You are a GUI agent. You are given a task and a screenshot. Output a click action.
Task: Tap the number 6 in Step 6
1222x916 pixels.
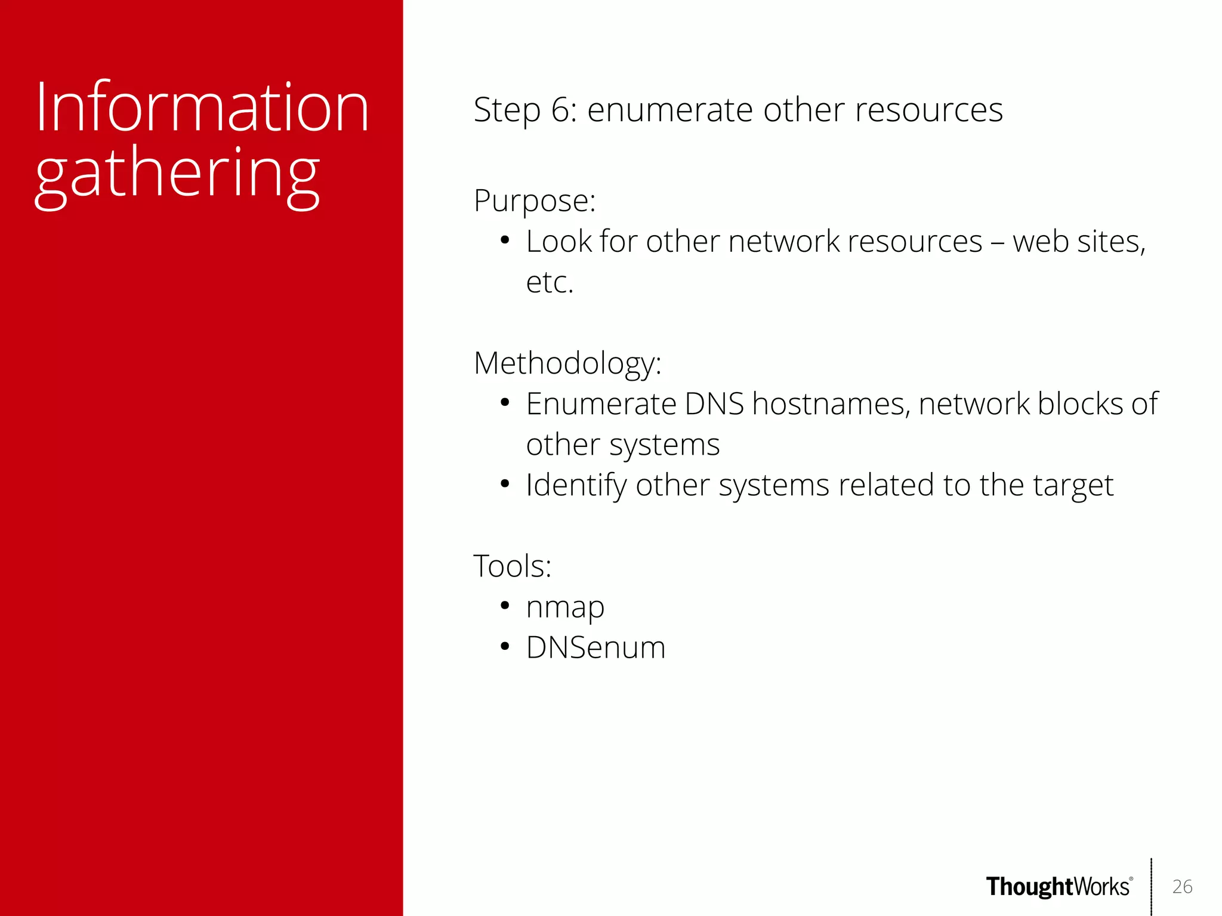[560, 110]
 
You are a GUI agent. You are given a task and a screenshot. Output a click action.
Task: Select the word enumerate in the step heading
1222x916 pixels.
[669, 110]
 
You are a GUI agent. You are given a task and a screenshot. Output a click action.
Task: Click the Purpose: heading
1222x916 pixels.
[534, 201]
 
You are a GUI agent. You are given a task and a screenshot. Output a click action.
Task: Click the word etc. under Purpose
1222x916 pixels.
[549, 282]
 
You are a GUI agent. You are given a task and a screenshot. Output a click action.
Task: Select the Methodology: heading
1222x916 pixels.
[567, 363]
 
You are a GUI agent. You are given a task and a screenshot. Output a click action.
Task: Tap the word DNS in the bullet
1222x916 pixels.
[714, 404]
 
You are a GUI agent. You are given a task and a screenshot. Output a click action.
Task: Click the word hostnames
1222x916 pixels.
[831, 404]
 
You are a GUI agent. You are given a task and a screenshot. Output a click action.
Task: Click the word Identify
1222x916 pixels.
[576, 485]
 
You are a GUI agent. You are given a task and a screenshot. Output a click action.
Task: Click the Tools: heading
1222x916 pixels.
[512, 566]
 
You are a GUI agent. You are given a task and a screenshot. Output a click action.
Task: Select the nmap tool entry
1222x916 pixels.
[565, 607]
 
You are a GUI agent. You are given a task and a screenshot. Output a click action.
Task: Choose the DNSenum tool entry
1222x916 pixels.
[595, 648]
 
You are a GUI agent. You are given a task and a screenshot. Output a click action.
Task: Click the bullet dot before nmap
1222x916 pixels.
[505, 606]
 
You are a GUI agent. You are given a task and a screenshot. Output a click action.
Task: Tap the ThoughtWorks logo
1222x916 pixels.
[1059, 887]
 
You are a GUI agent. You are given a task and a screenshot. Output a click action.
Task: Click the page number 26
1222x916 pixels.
[1182, 887]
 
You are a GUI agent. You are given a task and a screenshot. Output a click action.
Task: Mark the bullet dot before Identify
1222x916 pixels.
[505, 484]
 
